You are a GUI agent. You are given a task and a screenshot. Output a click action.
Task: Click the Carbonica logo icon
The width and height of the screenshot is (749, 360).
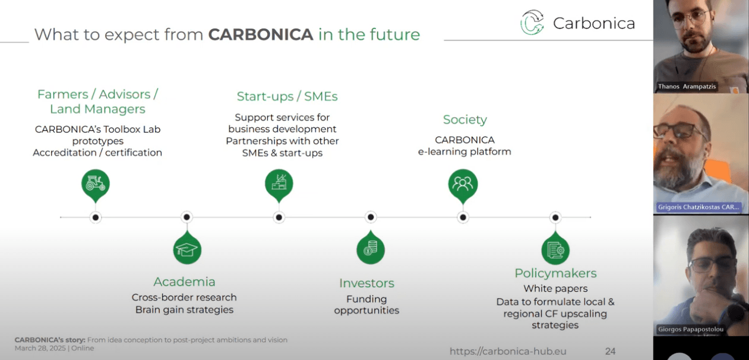532,22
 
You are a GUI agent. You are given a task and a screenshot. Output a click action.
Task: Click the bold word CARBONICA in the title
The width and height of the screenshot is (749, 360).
261,34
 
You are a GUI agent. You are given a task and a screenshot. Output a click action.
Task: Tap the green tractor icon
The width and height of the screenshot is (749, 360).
95,184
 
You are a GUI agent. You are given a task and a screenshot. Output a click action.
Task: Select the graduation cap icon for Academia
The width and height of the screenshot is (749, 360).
187,250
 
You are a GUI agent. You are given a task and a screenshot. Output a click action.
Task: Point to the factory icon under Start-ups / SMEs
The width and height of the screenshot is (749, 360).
279,184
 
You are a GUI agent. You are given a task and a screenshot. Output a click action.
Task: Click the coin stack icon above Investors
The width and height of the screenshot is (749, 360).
371,250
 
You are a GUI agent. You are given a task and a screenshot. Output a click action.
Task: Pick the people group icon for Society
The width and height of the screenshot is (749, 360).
463,184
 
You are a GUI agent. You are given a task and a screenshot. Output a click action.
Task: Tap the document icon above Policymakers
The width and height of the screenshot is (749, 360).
555,250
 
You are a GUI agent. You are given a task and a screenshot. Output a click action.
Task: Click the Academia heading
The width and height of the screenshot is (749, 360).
184,282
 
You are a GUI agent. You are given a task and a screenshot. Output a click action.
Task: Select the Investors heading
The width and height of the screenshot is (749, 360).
367,283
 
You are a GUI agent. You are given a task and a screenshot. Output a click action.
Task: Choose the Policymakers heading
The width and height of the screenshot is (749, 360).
555,273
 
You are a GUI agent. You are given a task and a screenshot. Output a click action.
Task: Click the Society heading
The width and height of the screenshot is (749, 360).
464,119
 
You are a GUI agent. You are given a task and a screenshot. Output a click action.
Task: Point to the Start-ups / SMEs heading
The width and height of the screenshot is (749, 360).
287,96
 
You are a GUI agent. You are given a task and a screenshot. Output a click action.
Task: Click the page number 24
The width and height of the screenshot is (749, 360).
610,351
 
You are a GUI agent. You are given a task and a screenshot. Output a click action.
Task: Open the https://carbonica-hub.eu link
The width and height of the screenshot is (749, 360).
508,351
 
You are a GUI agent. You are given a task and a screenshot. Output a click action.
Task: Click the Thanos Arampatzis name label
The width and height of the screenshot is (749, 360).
687,86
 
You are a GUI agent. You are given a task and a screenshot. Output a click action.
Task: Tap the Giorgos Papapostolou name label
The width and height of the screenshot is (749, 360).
690,329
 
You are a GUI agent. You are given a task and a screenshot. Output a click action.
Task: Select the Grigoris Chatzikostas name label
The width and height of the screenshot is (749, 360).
698,207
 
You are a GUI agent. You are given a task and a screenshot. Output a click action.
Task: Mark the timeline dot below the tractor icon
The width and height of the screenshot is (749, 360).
95,217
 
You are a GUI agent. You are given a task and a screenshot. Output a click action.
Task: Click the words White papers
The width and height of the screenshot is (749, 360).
555,288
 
